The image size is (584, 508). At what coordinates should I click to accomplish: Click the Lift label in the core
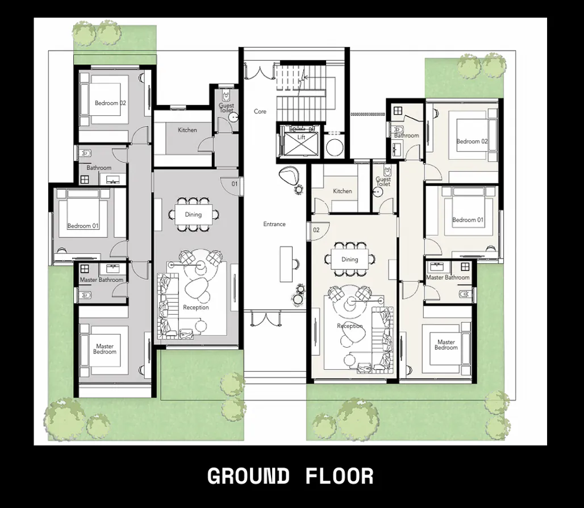pyautogui.click(x=301, y=138)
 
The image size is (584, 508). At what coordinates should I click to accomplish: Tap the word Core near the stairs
pyautogui.click(x=260, y=111)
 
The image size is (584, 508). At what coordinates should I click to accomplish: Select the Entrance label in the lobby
pyautogui.click(x=274, y=224)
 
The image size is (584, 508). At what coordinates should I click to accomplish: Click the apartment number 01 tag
pyautogui.click(x=234, y=184)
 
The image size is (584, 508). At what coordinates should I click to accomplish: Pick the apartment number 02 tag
pyautogui.click(x=316, y=230)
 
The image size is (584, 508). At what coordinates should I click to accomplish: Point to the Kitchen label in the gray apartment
pyautogui.click(x=187, y=130)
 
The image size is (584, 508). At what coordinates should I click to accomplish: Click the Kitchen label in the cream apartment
pyautogui.click(x=343, y=191)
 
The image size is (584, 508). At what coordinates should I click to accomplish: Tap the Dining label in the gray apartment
pyautogui.click(x=194, y=215)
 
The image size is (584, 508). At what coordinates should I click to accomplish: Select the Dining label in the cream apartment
pyautogui.click(x=350, y=260)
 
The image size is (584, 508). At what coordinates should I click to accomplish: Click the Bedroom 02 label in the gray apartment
pyautogui.click(x=110, y=103)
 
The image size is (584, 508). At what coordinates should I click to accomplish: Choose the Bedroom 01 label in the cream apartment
pyautogui.click(x=468, y=220)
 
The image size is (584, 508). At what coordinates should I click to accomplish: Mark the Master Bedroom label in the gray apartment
pyautogui.click(x=105, y=349)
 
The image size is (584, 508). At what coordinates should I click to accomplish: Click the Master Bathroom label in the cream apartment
pyautogui.click(x=448, y=278)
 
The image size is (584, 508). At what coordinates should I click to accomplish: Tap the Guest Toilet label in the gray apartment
pyautogui.click(x=227, y=108)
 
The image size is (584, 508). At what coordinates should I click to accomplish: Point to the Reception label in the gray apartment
pyautogui.click(x=196, y=308)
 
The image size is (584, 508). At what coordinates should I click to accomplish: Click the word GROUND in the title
pyautogui.click(x=248, y=476)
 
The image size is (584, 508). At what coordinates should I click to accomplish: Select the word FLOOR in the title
pyautogui.click(x=340, y=476)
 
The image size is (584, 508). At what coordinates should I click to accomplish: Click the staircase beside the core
pyautogui.click(x=301, y=91)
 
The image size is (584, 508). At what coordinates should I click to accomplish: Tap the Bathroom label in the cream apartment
pyautogui.click(x=407, y=136)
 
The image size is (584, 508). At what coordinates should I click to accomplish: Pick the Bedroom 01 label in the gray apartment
pyautogui.click(x=83, y=226)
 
